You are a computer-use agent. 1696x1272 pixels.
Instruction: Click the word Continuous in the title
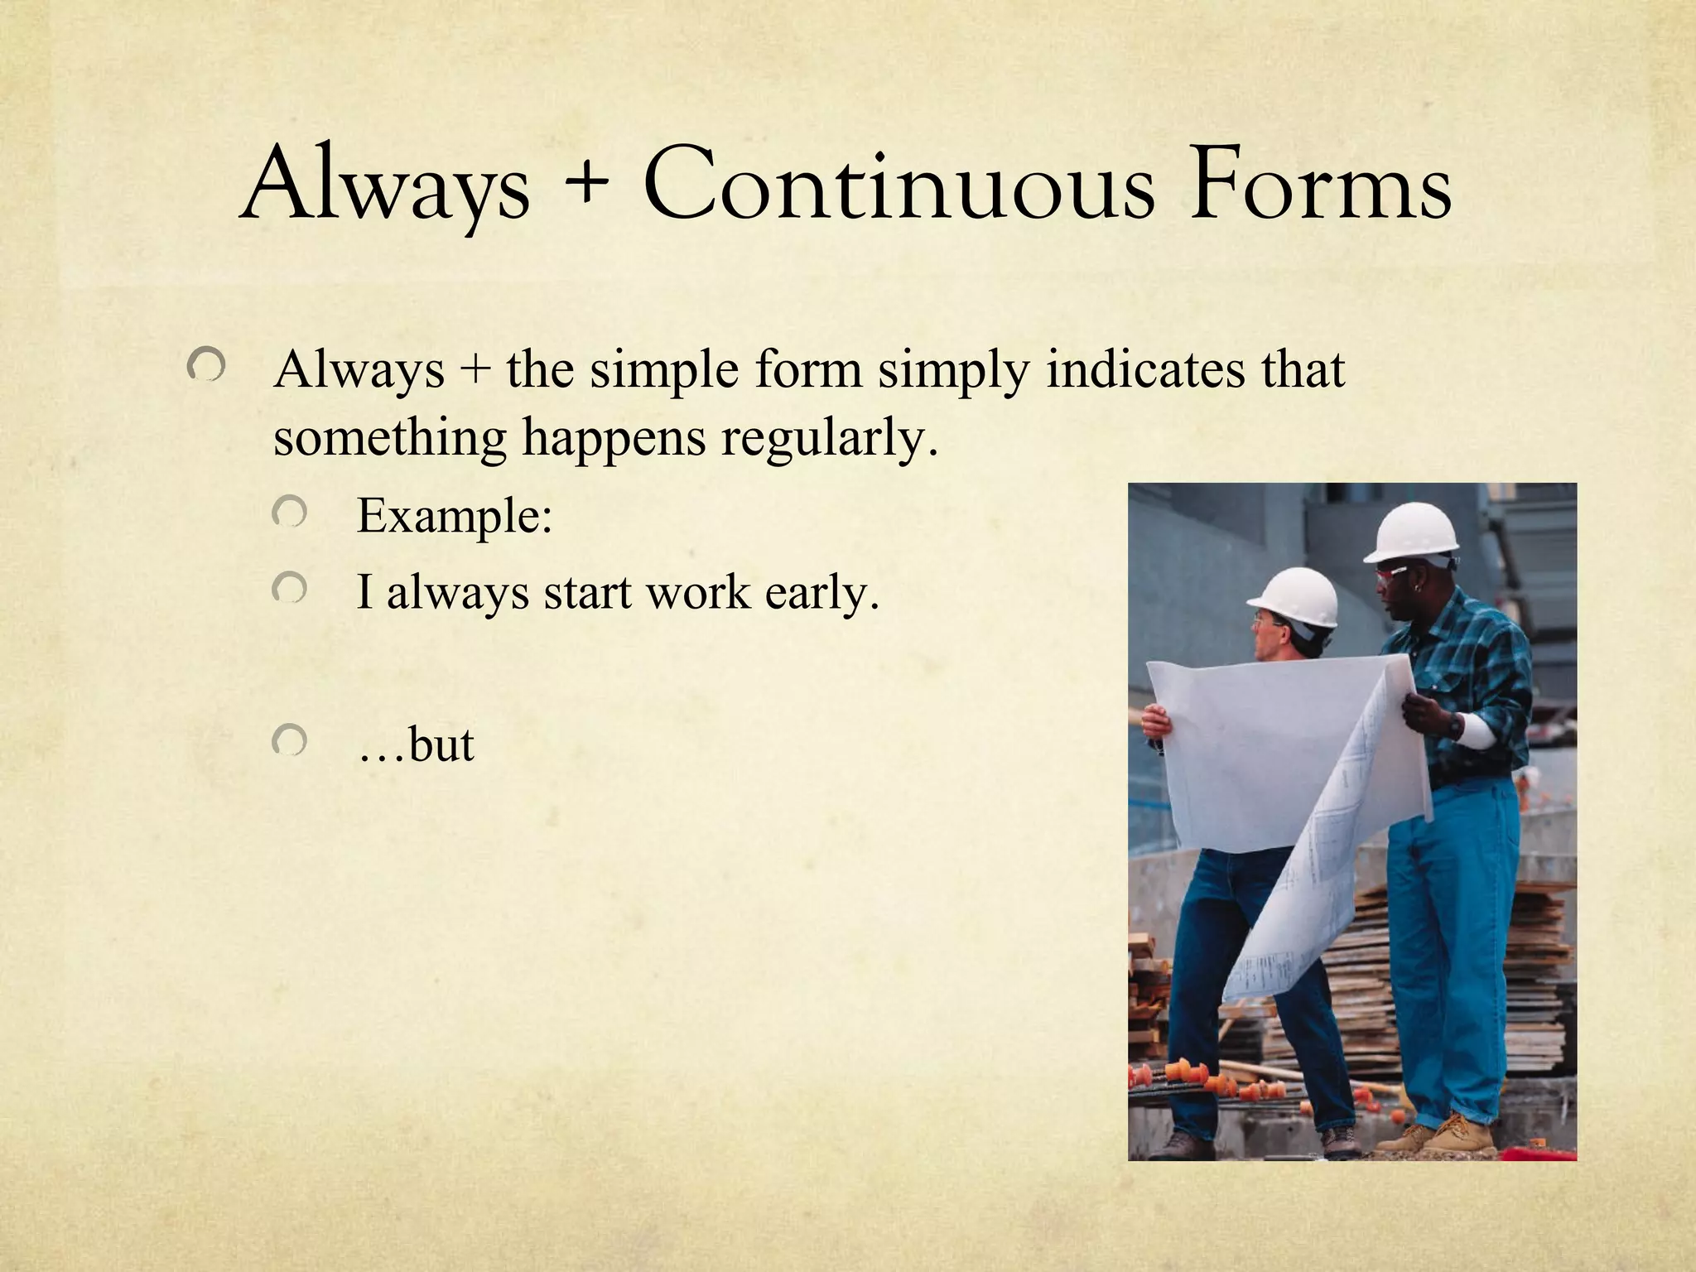coord(898,185)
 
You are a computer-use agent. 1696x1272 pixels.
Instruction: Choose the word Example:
coord(454,516)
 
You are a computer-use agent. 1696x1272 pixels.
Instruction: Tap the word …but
coord(417,744)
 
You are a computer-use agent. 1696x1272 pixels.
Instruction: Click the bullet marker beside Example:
coord(290,513)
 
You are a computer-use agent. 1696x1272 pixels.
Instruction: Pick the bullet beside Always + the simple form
coord(205,364)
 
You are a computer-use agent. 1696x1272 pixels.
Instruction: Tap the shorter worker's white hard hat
coord(1294,596)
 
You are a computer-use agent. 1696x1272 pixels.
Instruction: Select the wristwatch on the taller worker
coord(1455,727)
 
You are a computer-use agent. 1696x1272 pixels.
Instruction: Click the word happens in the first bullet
coord(614,439)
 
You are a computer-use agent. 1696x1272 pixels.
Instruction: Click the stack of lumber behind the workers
coord(1540,977)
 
